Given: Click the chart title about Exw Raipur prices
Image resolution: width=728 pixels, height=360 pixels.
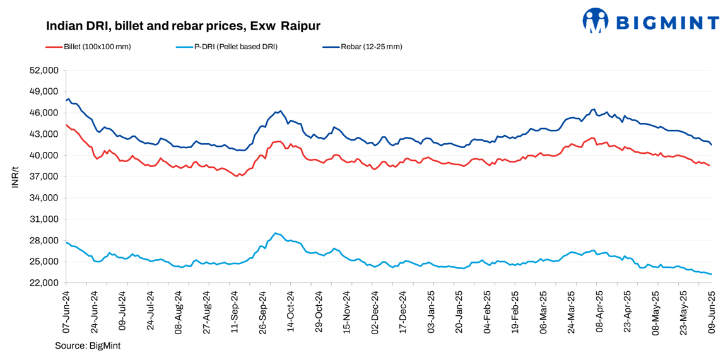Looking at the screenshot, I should click(183, 26).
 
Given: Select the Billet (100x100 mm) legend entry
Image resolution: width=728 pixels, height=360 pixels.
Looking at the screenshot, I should click(97, 47).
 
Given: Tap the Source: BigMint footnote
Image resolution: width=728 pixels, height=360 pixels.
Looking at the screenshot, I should click(88, 345).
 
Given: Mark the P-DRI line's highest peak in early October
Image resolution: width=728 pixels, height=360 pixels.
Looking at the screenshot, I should click(276, 233).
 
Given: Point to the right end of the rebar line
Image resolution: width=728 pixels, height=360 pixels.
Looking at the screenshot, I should click(712, 144).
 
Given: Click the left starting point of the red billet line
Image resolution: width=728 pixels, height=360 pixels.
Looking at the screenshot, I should click(66, 125).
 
